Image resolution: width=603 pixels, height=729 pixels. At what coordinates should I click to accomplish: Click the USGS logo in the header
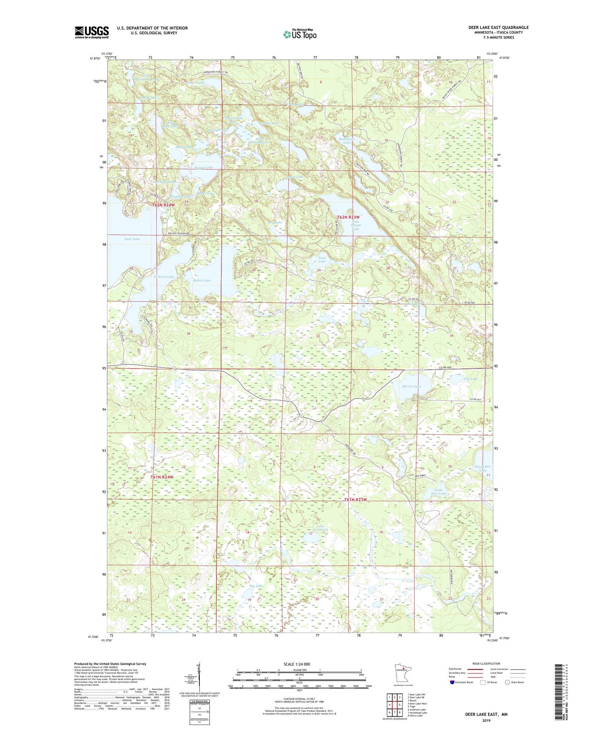tap(92, 32)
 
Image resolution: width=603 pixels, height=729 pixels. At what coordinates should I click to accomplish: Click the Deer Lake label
tap(132, 239)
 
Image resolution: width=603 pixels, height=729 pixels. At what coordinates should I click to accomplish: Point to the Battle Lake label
tap(202, 280)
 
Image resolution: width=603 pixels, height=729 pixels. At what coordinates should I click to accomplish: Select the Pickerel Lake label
tap(164, 277)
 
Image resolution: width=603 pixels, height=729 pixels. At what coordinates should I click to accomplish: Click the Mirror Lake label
tap(412, 386)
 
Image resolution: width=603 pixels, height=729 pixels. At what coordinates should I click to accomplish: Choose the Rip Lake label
tap(256, 586)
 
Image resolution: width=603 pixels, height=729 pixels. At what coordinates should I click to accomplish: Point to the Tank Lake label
tap(322, 260)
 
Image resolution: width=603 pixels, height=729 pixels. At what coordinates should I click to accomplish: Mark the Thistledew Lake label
tap(482, 468)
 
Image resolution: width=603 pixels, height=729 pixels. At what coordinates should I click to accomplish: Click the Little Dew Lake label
tap(439, 492)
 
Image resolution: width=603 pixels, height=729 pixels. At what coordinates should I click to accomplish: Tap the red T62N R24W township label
tap(164, 205)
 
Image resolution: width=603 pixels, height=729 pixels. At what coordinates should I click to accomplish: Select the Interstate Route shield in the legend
tap(453, 682)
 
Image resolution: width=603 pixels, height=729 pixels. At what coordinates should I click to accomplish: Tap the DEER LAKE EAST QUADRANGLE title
tap(498, 27)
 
